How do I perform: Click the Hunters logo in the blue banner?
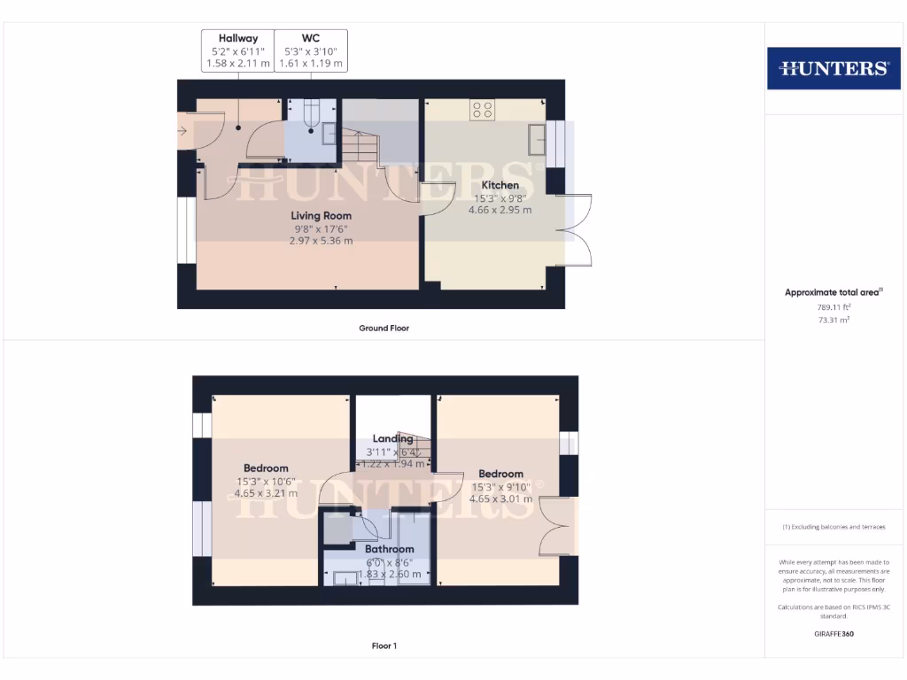[833, 68]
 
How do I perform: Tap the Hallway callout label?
[238, 38]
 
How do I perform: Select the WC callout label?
[311, 38]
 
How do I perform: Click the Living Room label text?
[322, 215]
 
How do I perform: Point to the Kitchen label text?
[500, 185]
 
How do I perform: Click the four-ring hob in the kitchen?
[483, 110]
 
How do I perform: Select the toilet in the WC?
[311, 115]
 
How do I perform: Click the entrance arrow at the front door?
[182, 132]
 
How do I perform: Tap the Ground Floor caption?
[384, 328]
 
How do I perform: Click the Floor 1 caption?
[384, 645]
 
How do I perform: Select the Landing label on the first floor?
[392, 438]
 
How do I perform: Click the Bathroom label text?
[391, 549]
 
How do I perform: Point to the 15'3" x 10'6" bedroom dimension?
[266, 482]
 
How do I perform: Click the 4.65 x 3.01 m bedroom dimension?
[500, 498]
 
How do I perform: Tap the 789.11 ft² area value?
[833, 307]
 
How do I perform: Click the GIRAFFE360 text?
[833, 633]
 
